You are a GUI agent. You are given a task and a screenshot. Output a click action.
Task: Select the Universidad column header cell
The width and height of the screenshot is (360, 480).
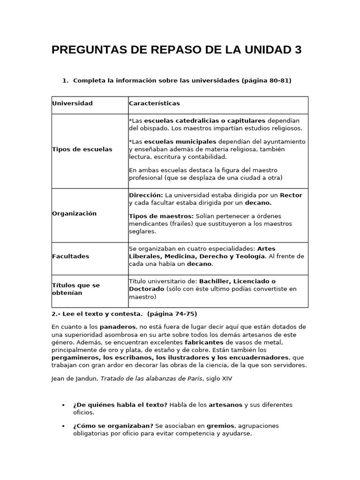click(x=72, y=104)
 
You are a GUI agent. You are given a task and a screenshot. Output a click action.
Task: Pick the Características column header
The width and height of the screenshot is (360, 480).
click(x=154, y=104)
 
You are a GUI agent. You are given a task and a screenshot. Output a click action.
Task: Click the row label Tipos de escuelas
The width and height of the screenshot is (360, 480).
click(x=82, y=149)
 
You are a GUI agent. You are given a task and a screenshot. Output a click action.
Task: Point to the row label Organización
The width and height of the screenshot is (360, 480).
click(x=74, y=213)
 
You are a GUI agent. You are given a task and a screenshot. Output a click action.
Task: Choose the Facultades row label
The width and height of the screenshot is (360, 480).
click(x=70, y=256)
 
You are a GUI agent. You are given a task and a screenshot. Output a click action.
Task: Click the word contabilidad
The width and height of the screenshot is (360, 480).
click(x=206, y=157)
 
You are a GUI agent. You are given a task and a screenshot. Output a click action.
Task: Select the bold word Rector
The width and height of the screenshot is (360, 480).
click(x=291, y=195)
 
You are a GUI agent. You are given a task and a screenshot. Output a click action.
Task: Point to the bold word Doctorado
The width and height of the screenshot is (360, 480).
click(x=146, y=289)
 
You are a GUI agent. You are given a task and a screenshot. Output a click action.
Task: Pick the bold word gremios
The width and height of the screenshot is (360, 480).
click(x=221, y=426)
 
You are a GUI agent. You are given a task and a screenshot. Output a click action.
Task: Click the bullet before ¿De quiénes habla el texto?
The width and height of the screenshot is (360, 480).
click(x=63, y=405)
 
